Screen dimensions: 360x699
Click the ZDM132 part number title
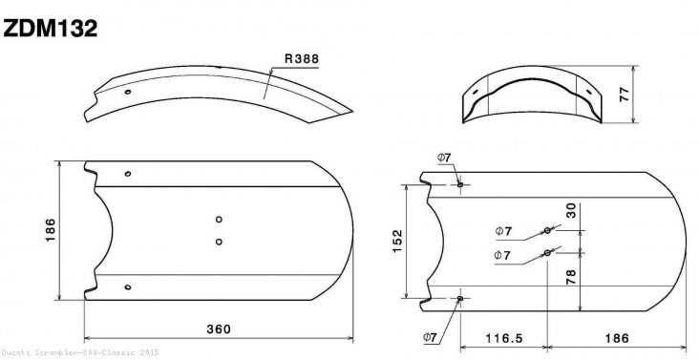pyautogui.click(x=50, y=28)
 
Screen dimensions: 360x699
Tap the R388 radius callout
pyautogui.click(x=300, y=58)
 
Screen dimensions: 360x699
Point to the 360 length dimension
pyautogui.click(x=219, y=329)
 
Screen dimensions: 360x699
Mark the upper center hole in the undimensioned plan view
pyautogui.click(x=219, y=219)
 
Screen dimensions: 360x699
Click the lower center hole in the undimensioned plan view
pyautogui.click(x=219, y=241)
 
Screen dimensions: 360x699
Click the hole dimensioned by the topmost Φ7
pyautogui.click(x=460, y=184)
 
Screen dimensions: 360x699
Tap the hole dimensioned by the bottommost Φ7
pyautogui.click(x=460, y=299)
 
